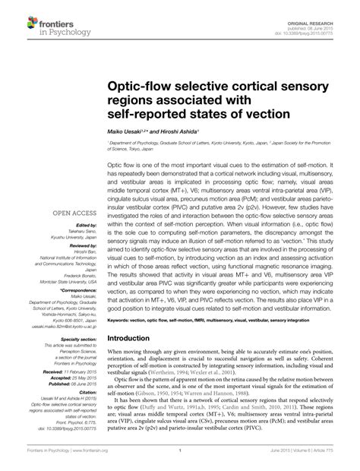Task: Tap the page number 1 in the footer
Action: [x=179, y=460]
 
